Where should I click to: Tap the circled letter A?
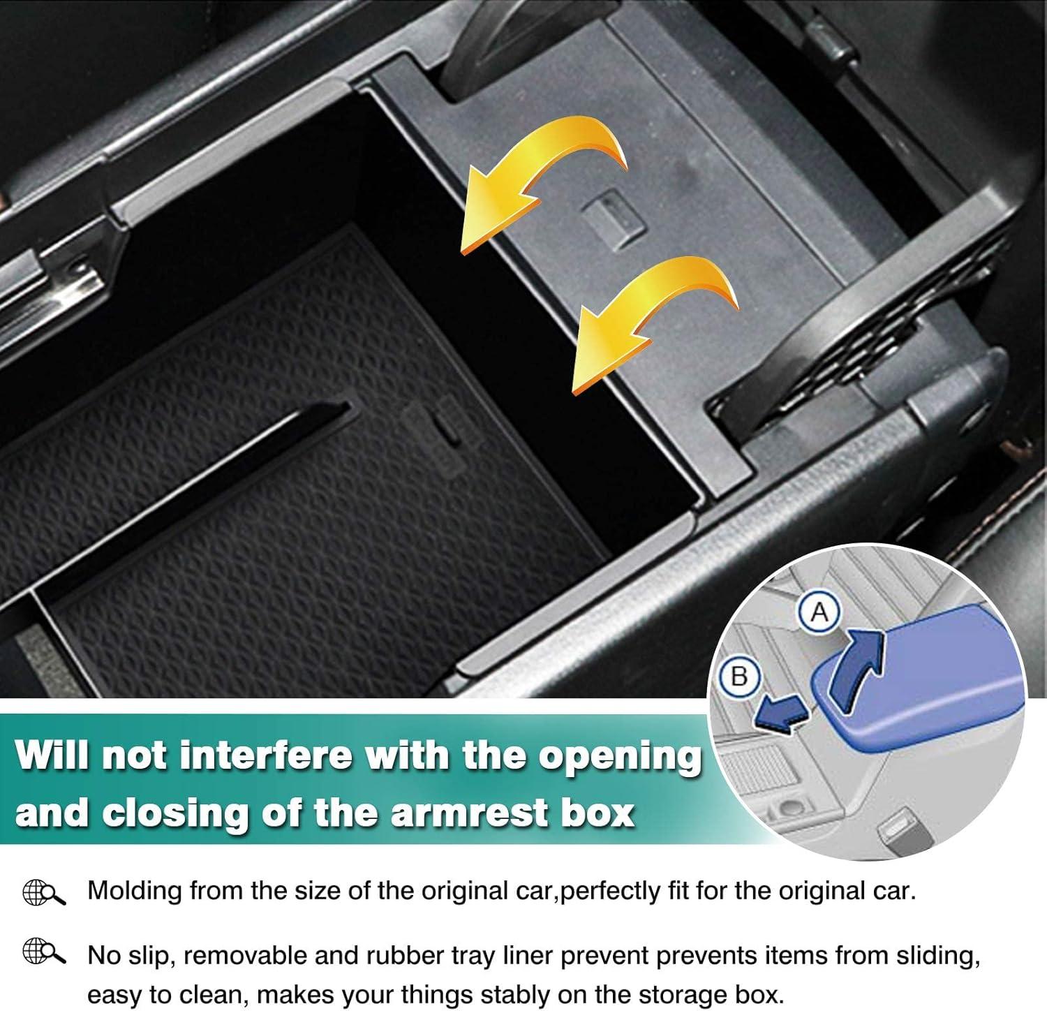[x=819, y=612]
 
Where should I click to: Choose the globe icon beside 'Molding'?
[x=43, y=892]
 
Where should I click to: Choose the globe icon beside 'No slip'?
[x=43, y=952]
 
